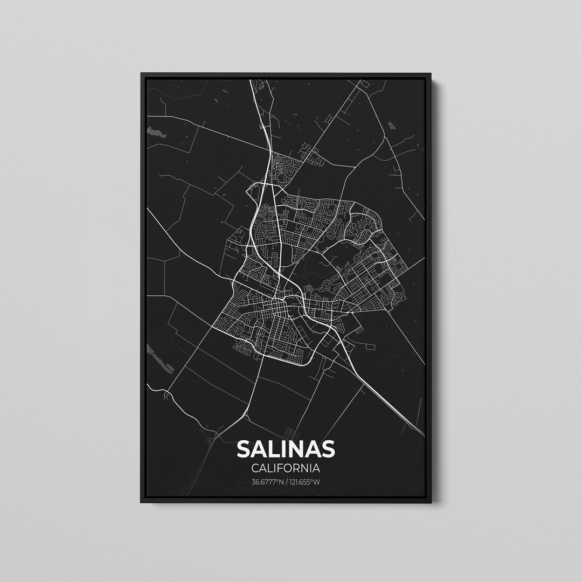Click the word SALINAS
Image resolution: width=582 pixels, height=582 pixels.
click(x=286, y=449)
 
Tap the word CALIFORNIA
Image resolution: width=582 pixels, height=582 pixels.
click(x=286, y=468)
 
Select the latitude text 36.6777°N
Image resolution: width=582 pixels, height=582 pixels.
click(x=267, y=482)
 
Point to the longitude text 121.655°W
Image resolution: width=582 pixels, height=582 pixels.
click(x=304, y=482)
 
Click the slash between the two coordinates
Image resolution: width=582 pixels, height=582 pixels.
click(x=286, y=482)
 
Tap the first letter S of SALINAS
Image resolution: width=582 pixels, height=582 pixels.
click(x=244, y=449)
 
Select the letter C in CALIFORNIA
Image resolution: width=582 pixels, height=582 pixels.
click(x=254, y=468)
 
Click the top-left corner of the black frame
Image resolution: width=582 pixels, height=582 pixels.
click(x=142, y=74)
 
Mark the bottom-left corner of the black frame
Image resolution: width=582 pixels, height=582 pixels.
click(x=142, y=502)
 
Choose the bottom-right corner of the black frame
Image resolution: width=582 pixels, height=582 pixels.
click(x=431, y=502)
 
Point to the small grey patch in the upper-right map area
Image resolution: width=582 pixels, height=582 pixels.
click(x=391, y=127)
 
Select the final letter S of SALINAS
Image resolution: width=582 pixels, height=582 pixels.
click(x=327, y=449)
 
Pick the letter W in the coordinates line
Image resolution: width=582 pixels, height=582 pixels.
click(x=317, y=482)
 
